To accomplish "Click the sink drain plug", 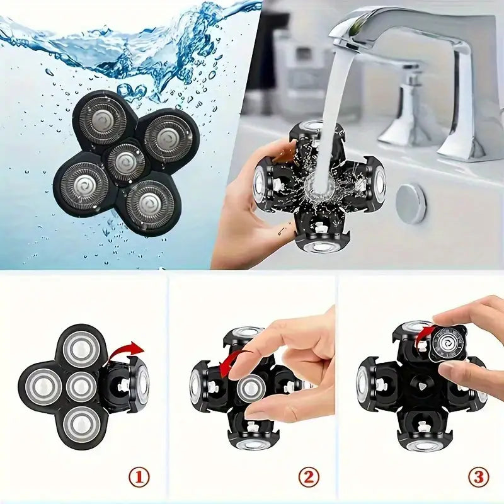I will click(x=411, y=203).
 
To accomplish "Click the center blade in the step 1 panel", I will click(x=81, y=386).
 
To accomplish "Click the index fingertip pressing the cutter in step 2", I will click(x=240, y=372).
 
